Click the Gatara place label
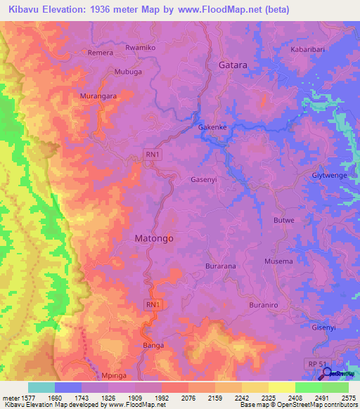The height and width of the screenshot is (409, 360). point(233,65)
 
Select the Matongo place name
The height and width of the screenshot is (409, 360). point(153,238)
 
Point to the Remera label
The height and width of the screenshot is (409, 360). point(100,53)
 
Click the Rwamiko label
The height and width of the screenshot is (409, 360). point(139,47)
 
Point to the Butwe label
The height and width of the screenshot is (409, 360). point(283,221)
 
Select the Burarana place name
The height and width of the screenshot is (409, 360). point(221,267)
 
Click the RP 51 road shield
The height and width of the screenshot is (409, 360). point(316,362)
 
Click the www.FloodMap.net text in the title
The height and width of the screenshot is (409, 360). point(225,8)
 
